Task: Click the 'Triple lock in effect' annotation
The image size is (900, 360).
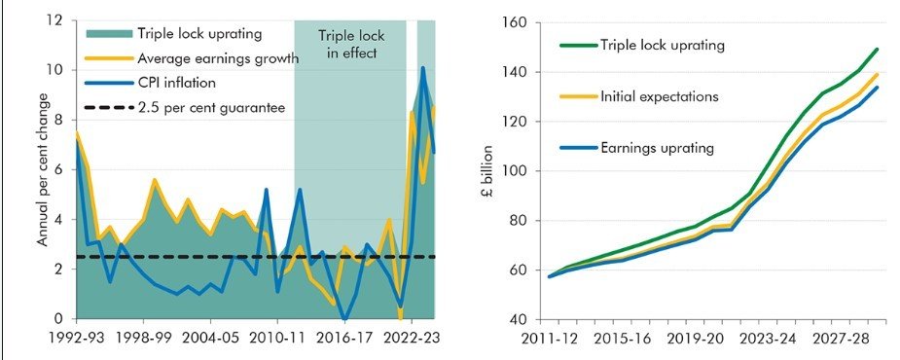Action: coord(348,43)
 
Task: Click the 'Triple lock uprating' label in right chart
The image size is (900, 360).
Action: coord(663,45)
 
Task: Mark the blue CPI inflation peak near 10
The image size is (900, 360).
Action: coord(422,67)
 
